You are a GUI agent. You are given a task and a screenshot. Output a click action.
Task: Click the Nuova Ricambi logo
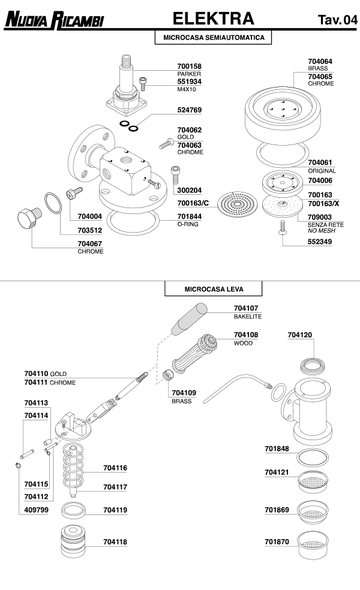coord(54,20)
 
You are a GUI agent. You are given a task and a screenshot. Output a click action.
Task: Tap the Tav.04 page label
coord(337,20)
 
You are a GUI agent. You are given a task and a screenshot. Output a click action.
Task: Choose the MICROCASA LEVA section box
coord(213,288)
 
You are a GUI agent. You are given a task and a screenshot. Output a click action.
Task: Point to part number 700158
coord(189,66)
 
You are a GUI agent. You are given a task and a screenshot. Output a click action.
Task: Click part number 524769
coord(189,110)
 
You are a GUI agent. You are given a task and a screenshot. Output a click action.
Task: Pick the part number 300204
coord(189,190)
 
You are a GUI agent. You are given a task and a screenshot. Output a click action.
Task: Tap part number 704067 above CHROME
coord(90,243)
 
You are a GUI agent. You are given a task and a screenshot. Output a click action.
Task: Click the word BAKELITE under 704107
coord(248,316)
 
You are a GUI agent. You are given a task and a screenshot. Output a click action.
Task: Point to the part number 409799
coord(36,510)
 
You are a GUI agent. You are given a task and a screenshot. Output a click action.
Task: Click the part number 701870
coord(277,541)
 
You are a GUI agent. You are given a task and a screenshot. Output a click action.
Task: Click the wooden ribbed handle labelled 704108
coord(195,357)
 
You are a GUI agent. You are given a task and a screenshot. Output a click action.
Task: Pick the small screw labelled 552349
coord(281,228)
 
